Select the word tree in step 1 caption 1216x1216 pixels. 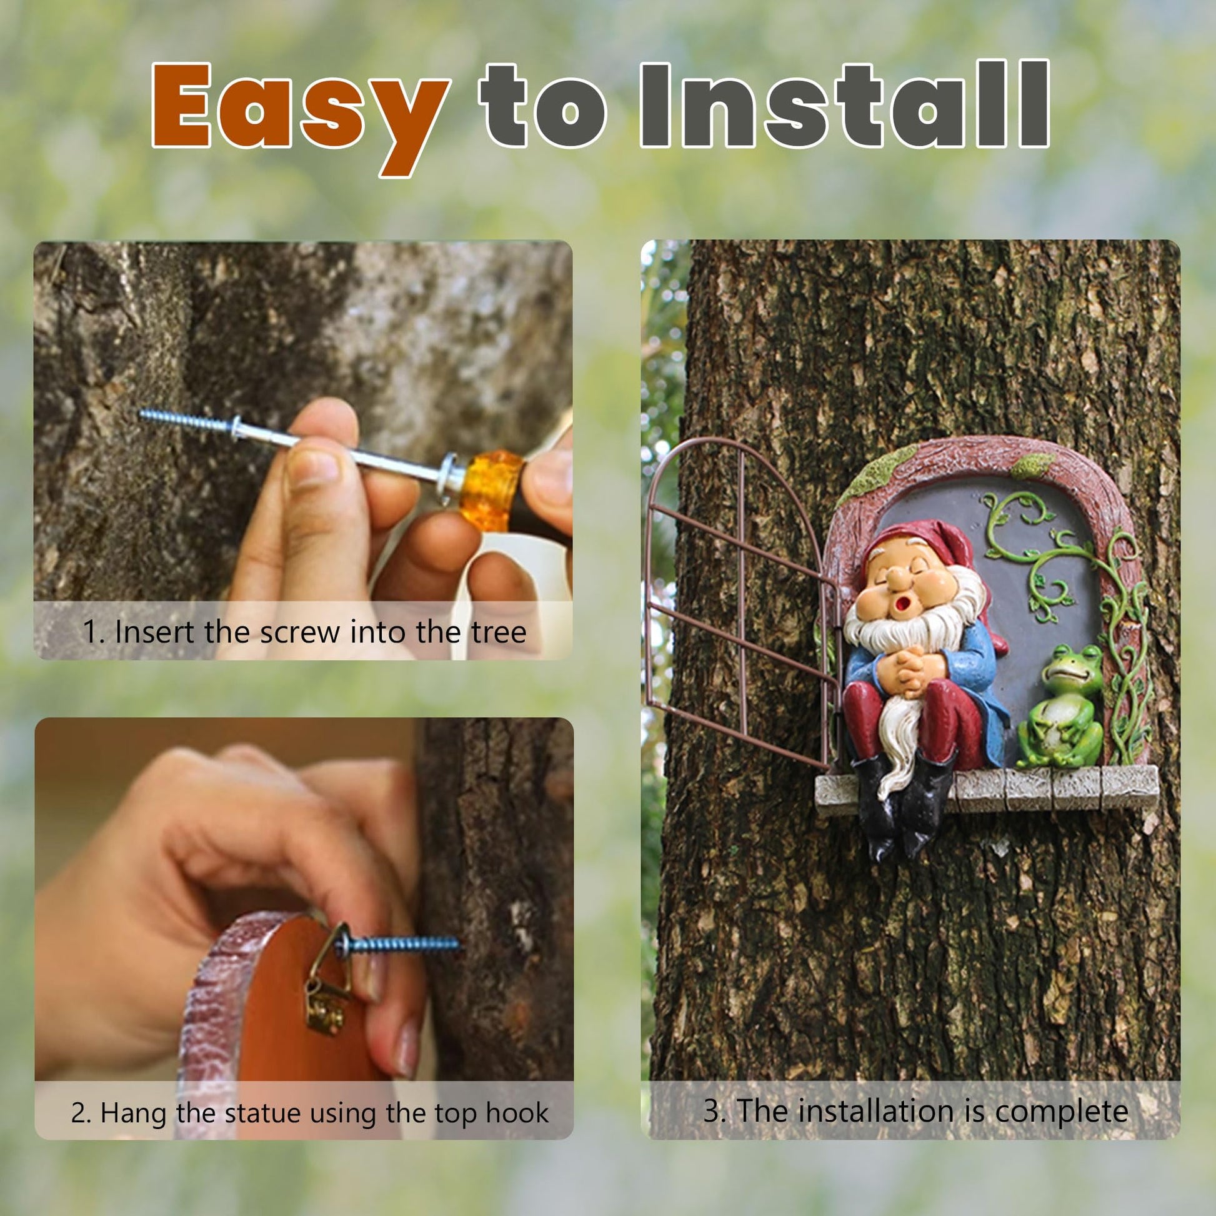coord(501,632)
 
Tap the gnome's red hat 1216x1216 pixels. coord(919,545)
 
